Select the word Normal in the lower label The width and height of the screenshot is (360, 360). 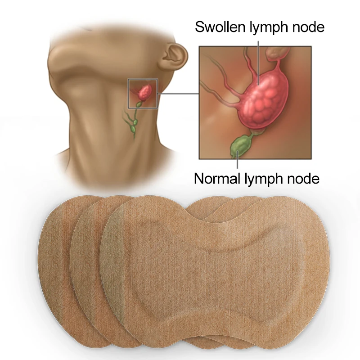(x=216, y=179)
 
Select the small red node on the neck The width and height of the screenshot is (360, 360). (x=144, y=92)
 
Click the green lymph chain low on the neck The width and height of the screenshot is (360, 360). (x=132, y=124)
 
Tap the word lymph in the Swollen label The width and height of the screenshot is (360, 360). (x=267, y=27)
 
